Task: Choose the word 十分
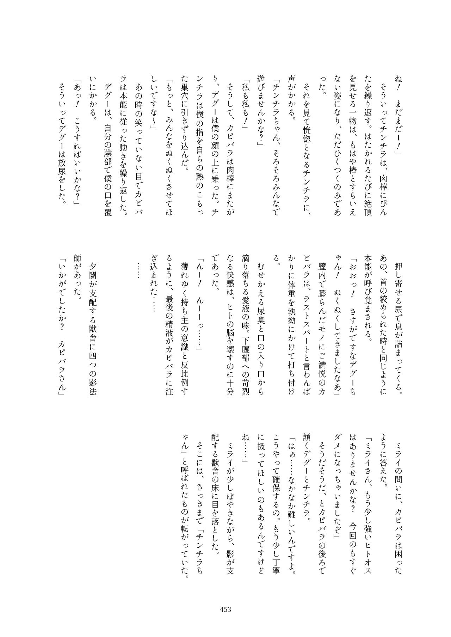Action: point(229,391)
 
